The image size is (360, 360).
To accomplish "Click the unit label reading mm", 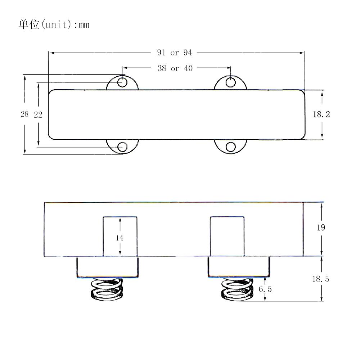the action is (x=84, y=25).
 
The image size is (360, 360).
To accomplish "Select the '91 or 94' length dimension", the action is (x=175, y=53).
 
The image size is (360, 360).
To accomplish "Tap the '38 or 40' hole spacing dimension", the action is (x=175, y=68).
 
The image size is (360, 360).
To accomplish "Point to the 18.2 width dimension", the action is (x=321, y=114).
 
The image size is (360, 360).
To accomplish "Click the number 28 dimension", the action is (x=24, y=114).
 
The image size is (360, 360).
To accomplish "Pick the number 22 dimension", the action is (x=38, y=114).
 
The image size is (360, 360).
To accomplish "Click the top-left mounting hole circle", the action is (x=122, y=82).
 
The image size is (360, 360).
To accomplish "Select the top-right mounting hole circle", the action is (x=230, y=82).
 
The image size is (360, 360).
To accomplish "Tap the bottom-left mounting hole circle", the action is (x=122, y=147).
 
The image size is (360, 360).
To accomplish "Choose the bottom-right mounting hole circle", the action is (x=230, y=147).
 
